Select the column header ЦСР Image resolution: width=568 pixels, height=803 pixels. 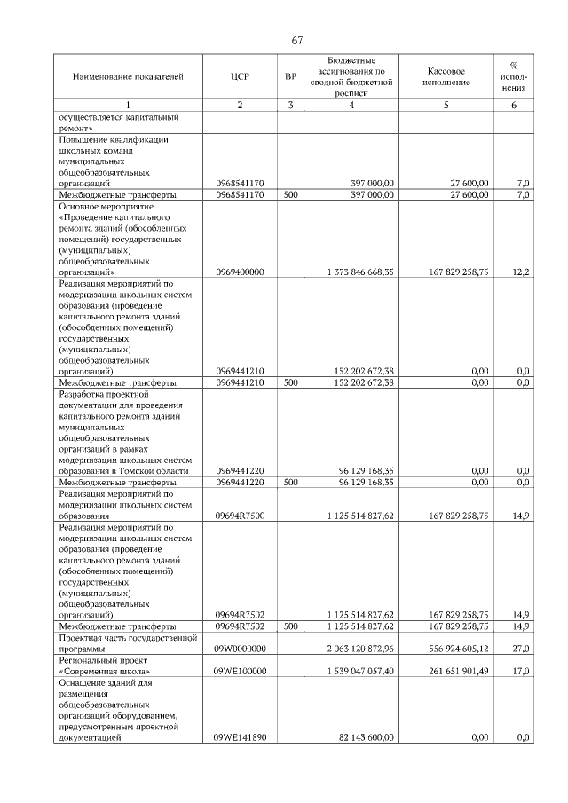click(240, 77)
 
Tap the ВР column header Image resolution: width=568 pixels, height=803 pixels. click(290, 77)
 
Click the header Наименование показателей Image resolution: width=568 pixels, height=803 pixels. click(128, 77)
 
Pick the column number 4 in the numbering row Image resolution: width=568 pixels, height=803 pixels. click(351, 106)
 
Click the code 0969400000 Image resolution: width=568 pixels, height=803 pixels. click(240, 272)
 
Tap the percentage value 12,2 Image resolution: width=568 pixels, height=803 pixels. click(521, 272)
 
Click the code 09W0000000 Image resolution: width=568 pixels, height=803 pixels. click(240, 649)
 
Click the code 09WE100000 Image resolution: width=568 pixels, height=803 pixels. click(240, 672)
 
